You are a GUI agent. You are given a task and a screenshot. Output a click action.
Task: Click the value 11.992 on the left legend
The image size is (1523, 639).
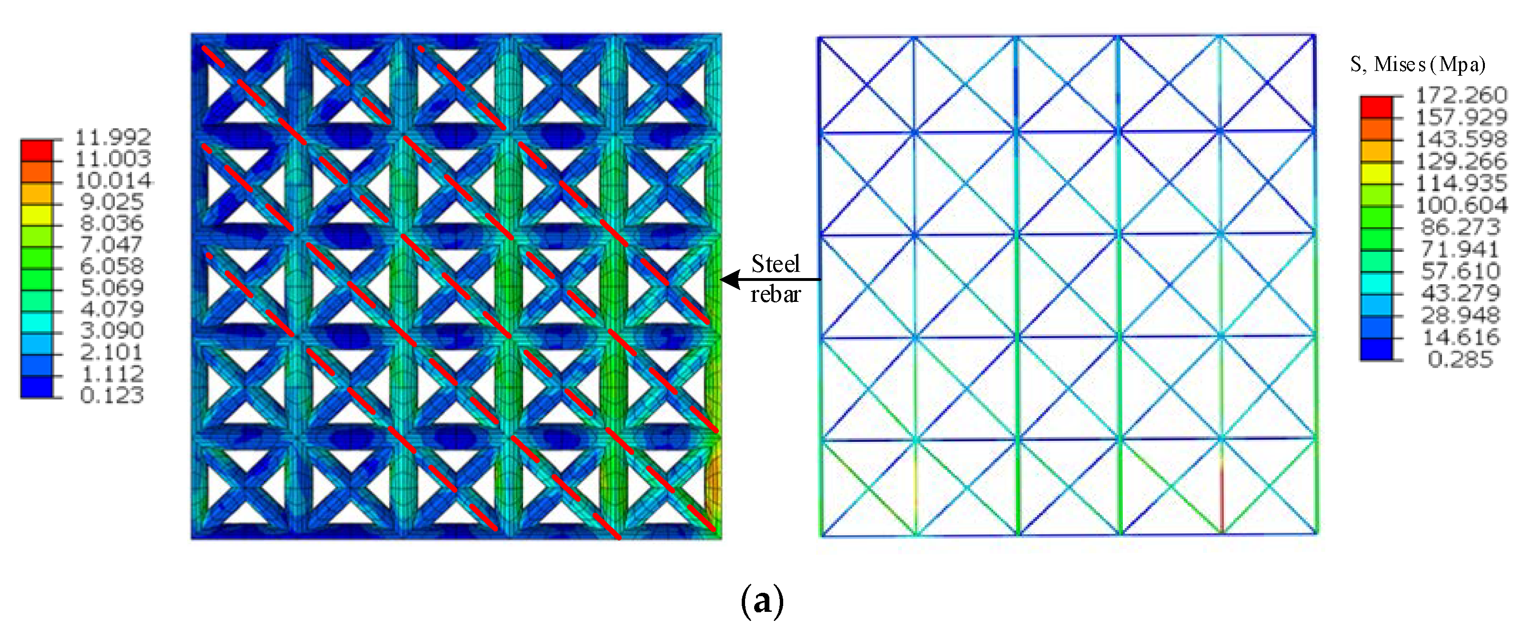pyautogui.click(x=113, y=137)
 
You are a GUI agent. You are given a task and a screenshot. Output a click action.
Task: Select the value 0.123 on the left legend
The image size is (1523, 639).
pyautogui.click(x=112, y=395)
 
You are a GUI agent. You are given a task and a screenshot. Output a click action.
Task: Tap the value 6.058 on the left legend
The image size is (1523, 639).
pyautogui.click(x=112, y=266)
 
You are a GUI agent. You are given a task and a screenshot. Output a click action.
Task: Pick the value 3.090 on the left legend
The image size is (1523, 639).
pyautogui.click(x=112, y=330)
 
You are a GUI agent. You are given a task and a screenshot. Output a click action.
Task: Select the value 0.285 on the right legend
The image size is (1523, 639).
pyautogui.click(x=1460, y=359)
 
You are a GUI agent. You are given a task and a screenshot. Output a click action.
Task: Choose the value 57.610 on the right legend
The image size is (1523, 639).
pyautogui.click(x=1460, y=271)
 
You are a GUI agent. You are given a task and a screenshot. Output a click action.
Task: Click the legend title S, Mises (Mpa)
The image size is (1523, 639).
pyautogui.click(x=1418, y=64)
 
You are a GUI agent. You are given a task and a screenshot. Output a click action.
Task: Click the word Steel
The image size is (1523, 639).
pyautogui.click(x=775, y=264)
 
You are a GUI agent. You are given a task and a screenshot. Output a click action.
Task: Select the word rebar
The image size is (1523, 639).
pyautogui.click(x=775, y=294)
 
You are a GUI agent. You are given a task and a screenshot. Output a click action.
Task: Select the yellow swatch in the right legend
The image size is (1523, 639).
pyautogui.click(x=1376, y=173)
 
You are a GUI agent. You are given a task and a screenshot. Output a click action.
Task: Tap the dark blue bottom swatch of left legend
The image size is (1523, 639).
pyautogui.click(x=37, y=387)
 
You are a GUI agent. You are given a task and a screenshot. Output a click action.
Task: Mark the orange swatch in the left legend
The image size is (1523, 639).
pyautogui.click(x=37, y=172)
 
